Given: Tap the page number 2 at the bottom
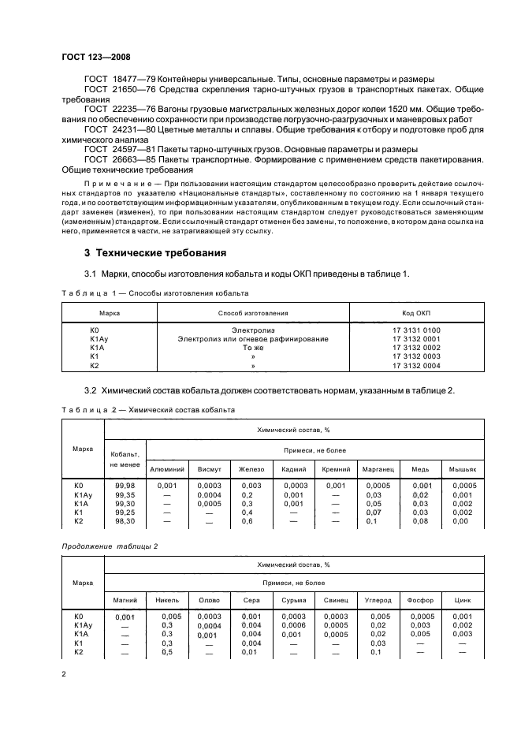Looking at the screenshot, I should pyautogui.click(x=65, y=673).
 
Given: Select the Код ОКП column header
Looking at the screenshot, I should pyautogui.click(x=415, y=313).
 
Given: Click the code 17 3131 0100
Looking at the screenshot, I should pyautogui.click(x=416, y=330).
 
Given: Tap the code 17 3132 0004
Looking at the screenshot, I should pyautogui.click(x=416, y=366).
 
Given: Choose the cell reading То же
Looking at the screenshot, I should pyautogui.click(x=253, y=348).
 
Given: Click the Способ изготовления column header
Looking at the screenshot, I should pyautogui.click(x=253, y=313).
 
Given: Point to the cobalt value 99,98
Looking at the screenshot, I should pyautogui.click(x=125, y=486).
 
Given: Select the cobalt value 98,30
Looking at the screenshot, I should pyautogui.click(x=125, y=521).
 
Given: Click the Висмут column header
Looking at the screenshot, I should pyautogui.click(x=210, y=470).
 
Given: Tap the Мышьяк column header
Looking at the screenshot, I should pyautogui.click(x=463, y=470).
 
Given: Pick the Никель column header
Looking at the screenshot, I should pyautogui.click(x=167, y=600).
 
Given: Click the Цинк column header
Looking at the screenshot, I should pyautogui.click(x=463, y=600).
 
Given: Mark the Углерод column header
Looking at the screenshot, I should pyautogui.click(x=379, y=600).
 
